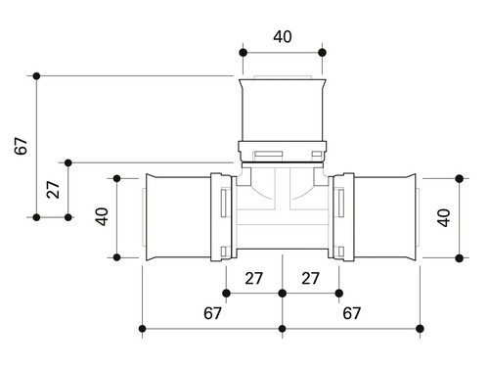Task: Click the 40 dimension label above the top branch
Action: pos(283,36)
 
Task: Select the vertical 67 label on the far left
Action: pos(21,146)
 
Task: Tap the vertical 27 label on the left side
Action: pos(53,190)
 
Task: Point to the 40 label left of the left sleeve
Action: pos(102,216)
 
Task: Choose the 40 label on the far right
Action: pos(444,217)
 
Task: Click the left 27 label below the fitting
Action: pos(253,279)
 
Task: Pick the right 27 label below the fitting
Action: pos(310,279)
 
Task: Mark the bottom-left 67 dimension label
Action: pos(212,313)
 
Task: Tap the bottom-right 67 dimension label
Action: pos(351,313)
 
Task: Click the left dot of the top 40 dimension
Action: pos(243,53)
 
